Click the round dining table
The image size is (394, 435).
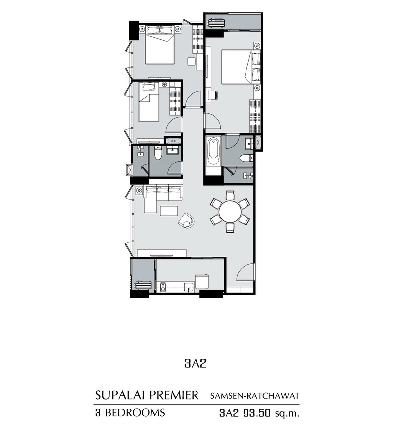click(x=230, y=212)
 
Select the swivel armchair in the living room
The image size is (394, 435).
click(x=187, y=220)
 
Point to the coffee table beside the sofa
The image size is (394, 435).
click(x=169, y=211)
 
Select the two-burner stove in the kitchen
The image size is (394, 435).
click(x=163, y=287)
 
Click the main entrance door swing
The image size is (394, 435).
click(x=245, y=272)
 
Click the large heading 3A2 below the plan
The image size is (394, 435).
click(x=196, y=363)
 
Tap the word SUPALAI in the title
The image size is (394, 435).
click(x=119, y=395)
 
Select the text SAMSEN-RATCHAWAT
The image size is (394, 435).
click(x=255, y=396)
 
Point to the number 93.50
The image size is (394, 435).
click(x=256, y=413)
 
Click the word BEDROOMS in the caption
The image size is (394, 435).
click(x=135, y=413)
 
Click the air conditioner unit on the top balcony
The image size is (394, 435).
click(x=217, y=23)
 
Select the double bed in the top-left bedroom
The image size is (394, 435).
click(x=159, y=45)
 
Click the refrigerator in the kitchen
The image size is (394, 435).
click(x=202, y=282)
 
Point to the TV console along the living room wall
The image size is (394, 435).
click(x=162, y=253)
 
